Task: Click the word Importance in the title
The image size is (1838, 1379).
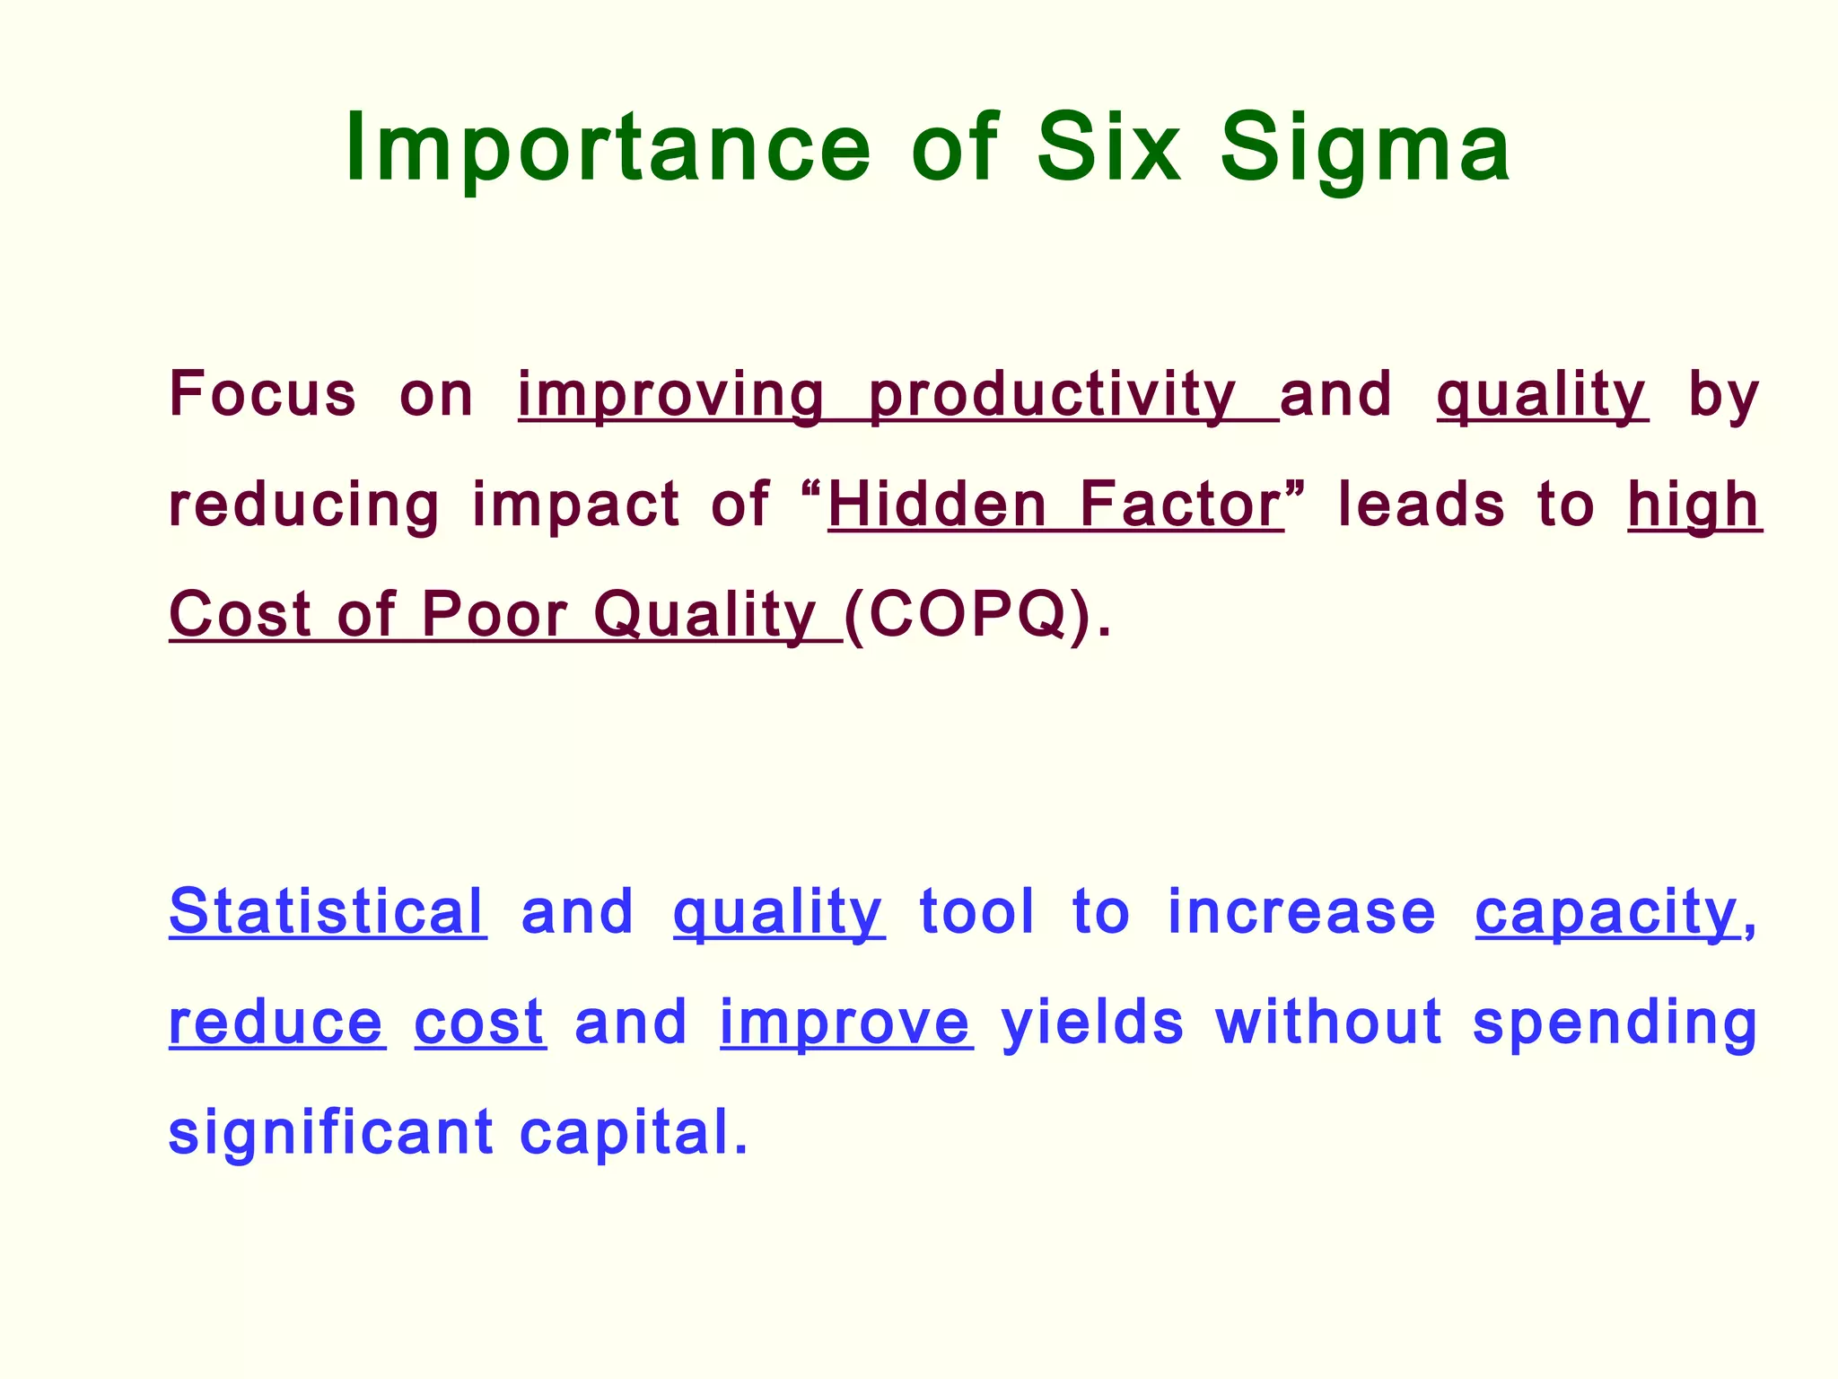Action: click(608, 148)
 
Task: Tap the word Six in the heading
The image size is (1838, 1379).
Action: click(1108, 148)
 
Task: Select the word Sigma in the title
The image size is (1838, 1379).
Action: click(1365, 148)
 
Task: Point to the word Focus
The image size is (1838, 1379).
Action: click(262, 394)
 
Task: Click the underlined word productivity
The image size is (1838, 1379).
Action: click(1052, 396)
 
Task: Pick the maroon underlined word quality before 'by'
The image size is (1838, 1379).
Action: click(1541, 396)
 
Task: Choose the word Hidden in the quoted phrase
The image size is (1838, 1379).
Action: click(937, 505)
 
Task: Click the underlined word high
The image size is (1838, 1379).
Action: click(1694, 506)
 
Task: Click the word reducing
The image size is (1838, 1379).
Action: click(304, 506)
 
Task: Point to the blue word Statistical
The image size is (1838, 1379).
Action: click(327, 912)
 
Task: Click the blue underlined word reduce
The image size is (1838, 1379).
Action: click(276, 1023)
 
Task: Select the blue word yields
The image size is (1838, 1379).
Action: click(1092, 1023)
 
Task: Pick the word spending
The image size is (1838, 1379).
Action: click(1615, 1024)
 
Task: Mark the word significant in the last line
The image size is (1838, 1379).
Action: click(330, 1134)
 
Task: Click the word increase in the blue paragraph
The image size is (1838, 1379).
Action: click(1301, 912)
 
